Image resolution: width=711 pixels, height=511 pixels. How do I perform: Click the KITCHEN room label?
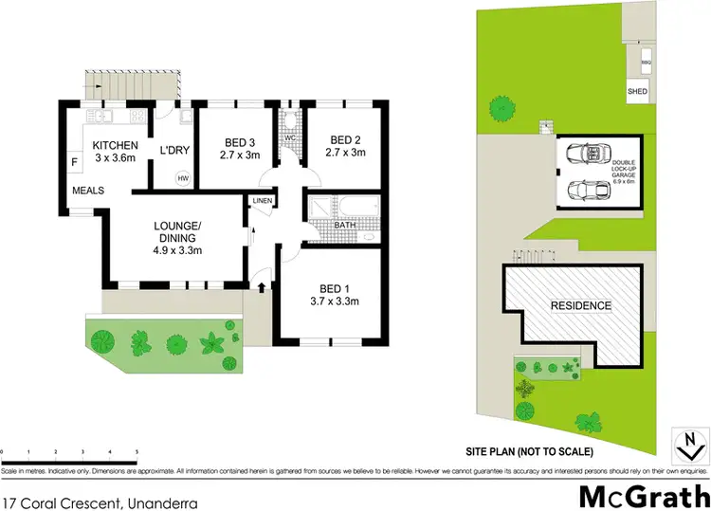coord(116,145)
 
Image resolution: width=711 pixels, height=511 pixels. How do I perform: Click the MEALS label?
coord(88,191)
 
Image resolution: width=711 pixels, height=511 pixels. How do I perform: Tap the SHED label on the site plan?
coord(637,91)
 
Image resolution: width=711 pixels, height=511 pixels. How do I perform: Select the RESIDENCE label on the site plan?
coord(581,306)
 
